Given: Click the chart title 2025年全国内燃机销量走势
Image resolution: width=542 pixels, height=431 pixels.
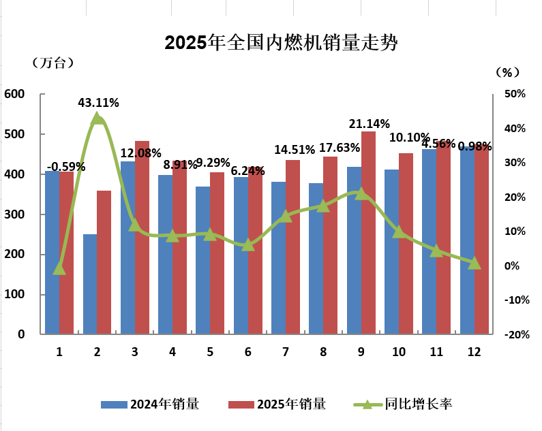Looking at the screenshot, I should tap(281, 43).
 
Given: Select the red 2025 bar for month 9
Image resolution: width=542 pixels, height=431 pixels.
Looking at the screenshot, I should tap(368, 232).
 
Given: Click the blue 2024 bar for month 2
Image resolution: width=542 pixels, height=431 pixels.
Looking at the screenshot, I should tap(90, 284).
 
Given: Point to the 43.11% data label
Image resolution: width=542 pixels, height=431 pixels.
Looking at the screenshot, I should tap(99, 103).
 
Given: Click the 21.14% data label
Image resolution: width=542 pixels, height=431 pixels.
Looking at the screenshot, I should tap(369, 123).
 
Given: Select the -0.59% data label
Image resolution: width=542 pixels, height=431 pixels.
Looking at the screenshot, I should tap(66, 166).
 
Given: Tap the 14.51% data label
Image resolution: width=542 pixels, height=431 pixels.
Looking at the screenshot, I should tap(295, 149).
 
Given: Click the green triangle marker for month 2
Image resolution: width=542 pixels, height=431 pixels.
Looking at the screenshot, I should tap(97, 118).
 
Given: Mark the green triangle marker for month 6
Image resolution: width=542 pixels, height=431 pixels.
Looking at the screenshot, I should tap(248, 244).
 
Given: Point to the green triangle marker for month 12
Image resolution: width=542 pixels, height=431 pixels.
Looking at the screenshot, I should tap(475, 263).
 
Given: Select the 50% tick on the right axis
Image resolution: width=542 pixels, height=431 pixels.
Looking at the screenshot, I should tap(514, 95).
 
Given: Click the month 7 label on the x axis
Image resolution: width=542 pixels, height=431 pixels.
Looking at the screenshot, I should tap(286, 352).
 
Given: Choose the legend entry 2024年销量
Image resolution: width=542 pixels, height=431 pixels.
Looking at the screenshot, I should tap(150, 404).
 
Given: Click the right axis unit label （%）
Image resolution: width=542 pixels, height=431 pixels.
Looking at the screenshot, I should tap(508, 71).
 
